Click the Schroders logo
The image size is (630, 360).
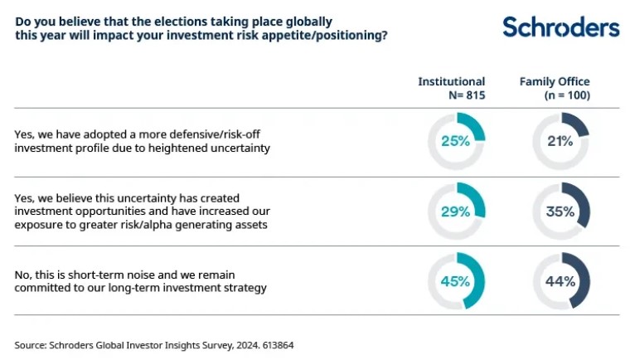[x=560, y=27]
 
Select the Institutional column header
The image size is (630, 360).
[x=451, y=81]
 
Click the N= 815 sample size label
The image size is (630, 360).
[x=466, y=95]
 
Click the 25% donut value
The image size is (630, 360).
[x=455, y=141]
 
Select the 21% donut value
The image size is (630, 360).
[x=560, y=141]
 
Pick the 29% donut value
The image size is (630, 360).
[x=455, y=212]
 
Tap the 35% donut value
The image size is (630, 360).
[x=560, y=212]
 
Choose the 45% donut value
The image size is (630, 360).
[x=455, y=281]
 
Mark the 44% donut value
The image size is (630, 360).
[x=560, y=281]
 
